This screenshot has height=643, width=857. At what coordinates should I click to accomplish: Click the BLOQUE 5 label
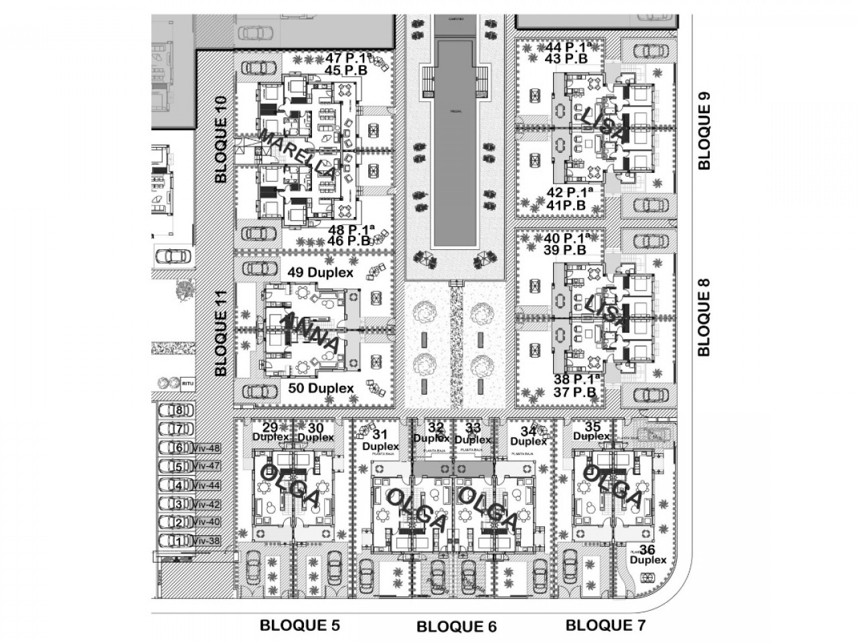(300, 626)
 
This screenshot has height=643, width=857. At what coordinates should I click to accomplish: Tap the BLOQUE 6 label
(457, 627)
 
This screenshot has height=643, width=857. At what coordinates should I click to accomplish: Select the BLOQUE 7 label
(606, 626)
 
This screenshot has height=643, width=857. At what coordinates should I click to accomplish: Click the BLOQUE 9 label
(703, 131)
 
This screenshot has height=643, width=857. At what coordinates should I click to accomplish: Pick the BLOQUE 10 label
(222, 139)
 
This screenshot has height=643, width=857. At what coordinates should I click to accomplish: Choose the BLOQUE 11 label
(222, 333)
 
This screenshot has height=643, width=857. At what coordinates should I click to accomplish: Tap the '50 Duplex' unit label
(320, 388)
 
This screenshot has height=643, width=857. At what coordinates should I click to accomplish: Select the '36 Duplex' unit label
(649, 555)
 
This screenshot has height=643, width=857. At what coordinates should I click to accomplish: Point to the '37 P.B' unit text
(574, 392)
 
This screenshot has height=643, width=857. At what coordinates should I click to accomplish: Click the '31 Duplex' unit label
(380, 440)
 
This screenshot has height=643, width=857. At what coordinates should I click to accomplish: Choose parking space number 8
(178, 411)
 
